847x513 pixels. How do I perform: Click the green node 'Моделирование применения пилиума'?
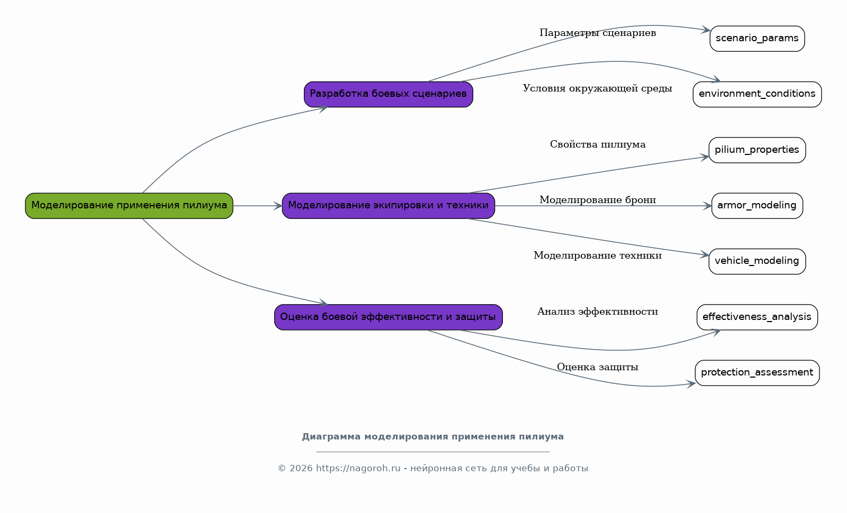(129, 206)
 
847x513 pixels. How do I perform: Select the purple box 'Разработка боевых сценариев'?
(389, 94)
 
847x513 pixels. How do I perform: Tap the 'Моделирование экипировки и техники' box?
(389, 206)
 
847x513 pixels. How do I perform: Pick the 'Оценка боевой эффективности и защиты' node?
(389, 317)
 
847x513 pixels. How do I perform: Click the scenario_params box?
(757, 39)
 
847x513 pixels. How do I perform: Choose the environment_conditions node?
(757, 94)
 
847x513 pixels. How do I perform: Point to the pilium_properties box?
(757, 150)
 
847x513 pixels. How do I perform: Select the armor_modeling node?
(757, 206)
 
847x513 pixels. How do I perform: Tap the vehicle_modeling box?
(757, 261)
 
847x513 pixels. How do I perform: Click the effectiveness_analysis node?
(757, 317)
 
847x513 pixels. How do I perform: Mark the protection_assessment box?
(757, 373)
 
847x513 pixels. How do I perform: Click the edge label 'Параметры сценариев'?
(598, 33)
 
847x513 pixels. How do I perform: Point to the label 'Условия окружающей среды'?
(598, 88)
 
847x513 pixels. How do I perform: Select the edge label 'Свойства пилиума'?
(598, 144)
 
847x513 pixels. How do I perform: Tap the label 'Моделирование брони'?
(598, 200)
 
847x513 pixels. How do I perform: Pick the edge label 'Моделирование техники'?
(598, 256)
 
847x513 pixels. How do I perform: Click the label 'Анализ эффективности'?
(598, 312)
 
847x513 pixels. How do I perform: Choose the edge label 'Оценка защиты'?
(598, 367)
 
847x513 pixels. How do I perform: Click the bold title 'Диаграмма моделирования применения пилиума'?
(432, 437)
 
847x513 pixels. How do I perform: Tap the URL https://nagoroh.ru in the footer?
(358, 469)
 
